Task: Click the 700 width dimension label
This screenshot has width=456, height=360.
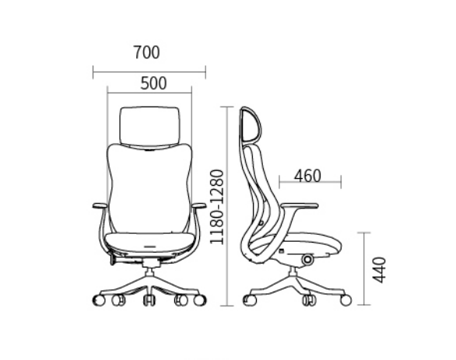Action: point(146,53)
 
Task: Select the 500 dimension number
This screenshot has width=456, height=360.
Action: point(153,83)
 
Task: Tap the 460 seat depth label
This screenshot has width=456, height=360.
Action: point(307,176)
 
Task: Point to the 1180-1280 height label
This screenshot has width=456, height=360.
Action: point(217,207)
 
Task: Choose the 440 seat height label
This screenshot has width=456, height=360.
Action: point(380,270)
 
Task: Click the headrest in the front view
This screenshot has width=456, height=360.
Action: point(149,126)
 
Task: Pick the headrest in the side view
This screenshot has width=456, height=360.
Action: point(250,124)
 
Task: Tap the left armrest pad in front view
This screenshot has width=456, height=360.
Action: point(100,206)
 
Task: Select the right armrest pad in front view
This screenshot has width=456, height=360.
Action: point(199,206)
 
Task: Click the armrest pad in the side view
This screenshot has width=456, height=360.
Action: point(300,206)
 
